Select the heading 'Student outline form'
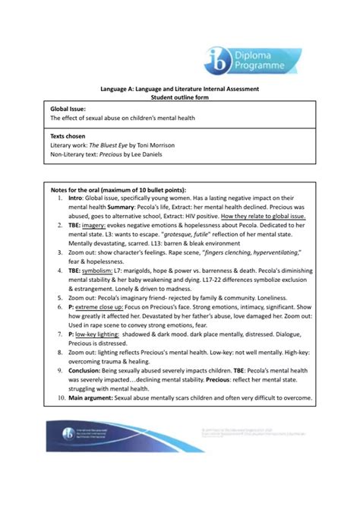point(180,97)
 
